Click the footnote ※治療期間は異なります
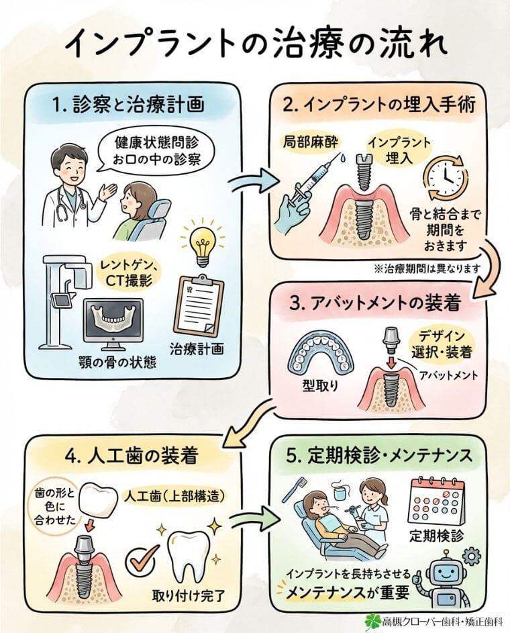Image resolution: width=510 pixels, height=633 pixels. tap(429, 268)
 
